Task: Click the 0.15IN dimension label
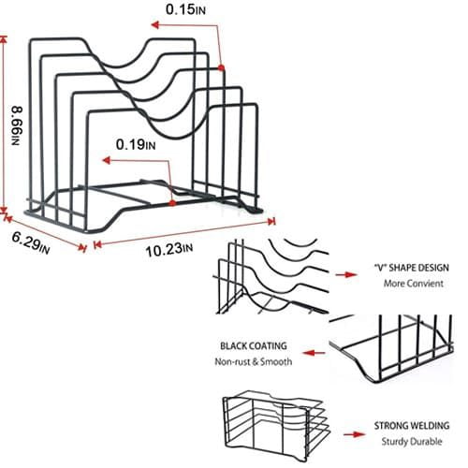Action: pos(185,9)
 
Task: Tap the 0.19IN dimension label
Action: pos(136,145)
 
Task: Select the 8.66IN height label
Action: pos(17,125)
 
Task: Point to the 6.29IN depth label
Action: pos(31,242)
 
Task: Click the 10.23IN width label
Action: pos(169,250)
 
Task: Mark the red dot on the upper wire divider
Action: pos(221,67)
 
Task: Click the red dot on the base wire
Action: pos(172,203)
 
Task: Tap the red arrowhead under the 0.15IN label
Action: pos(155,24)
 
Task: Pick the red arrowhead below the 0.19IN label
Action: pos(107,160)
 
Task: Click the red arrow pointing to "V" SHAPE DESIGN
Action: pos(346,274)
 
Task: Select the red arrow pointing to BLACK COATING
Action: pos(314,353)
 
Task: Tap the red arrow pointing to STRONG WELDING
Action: pos(355,434)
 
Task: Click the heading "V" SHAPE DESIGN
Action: pos(412,268)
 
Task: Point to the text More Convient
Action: pos(414,284)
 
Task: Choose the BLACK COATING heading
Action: pos(254,345)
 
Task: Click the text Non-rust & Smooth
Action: pos(254,362)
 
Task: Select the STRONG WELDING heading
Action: pos(412,426)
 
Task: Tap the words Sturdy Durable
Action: pos(412,442)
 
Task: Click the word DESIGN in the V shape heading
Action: pos(433,268)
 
